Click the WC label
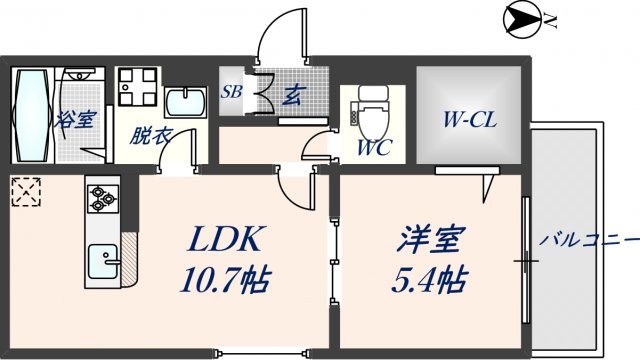pos(375,149)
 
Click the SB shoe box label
pos(232,92)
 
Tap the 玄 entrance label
pos(296,96)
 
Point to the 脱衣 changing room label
pos(149,136)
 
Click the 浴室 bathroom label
pos(75,118)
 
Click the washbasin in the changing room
pos(183,103)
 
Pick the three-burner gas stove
pos(103,199)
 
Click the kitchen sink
pos(103,263)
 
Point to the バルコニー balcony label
pos(589,240)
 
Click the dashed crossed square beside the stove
pos(25,190)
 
